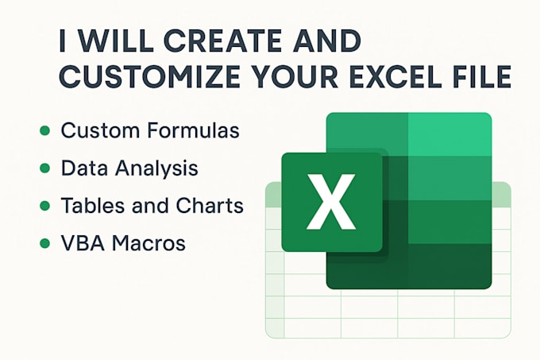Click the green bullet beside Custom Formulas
[x=44, y=130]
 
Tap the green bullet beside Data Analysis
[x=44, y=168]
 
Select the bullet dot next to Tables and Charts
[x=44, y=206]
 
